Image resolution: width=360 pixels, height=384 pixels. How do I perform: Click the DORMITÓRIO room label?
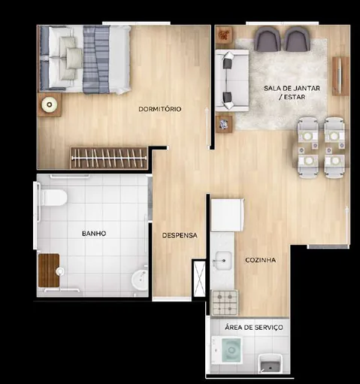pos(160,110)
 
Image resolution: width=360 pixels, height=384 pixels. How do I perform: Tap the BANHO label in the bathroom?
pos(94,234)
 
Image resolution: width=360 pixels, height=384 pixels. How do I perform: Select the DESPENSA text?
pos(180,235)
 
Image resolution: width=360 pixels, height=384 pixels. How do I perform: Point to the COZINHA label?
pos(260,260)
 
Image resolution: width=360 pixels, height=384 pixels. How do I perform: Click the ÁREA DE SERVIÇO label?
pos(253,328)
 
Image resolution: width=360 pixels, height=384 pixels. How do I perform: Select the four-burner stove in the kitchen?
pos(225,303)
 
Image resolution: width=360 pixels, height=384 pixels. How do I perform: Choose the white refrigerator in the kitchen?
pos(227,214)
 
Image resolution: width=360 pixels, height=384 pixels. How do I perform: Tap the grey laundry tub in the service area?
pos(270,364)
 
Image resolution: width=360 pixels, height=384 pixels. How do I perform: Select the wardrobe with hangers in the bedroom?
pos(108,158)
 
